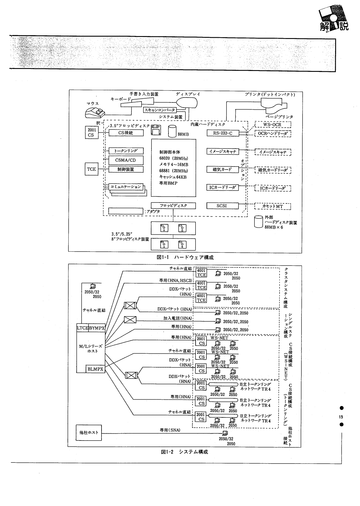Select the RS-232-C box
222,133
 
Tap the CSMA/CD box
126,160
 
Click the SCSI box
222,206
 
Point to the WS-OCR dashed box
273,125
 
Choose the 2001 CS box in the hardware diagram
91,133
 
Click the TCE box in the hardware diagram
91,169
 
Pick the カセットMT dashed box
273,206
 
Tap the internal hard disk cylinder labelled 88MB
172,131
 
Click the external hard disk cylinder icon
258,222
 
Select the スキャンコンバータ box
160,110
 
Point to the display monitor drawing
187,102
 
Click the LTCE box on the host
82,328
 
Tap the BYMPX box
97,328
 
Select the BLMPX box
95,369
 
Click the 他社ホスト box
89,432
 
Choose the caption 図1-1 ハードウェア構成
185,257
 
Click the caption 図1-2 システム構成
184,452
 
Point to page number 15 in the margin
341,417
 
